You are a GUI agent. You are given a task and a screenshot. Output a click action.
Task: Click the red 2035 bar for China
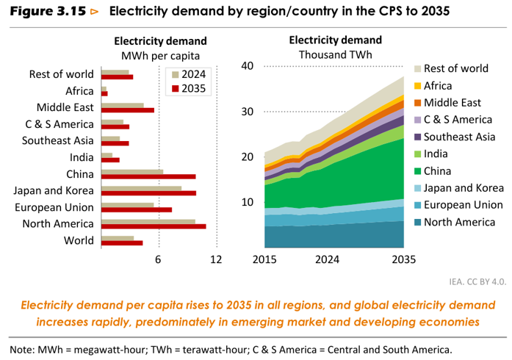point(148,177)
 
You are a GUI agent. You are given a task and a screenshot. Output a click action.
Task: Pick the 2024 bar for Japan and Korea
point(141,188)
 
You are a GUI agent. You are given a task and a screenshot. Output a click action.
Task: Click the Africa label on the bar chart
point(79,90)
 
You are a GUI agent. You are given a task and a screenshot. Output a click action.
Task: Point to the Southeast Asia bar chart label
point(58,140)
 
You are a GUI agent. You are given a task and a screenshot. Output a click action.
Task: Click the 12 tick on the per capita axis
point(216,259)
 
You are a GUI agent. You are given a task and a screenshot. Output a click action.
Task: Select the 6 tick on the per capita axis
point(158,259)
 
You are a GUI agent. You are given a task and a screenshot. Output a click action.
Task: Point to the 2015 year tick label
point(264,259)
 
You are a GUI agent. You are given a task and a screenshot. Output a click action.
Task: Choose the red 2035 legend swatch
point(176,89)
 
